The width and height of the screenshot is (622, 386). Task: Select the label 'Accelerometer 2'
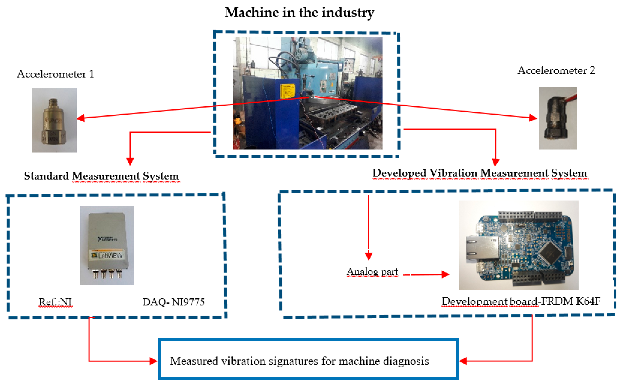click(x=556, y=70)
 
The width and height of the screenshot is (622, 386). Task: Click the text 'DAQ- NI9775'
click(x=173, y=302)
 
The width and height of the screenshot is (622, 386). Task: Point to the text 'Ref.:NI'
click(x=55, y=302)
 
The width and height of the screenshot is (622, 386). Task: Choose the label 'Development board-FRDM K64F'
click(x=521, y=301)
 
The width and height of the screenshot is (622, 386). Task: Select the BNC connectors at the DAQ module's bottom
click(x=107, y=274)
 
